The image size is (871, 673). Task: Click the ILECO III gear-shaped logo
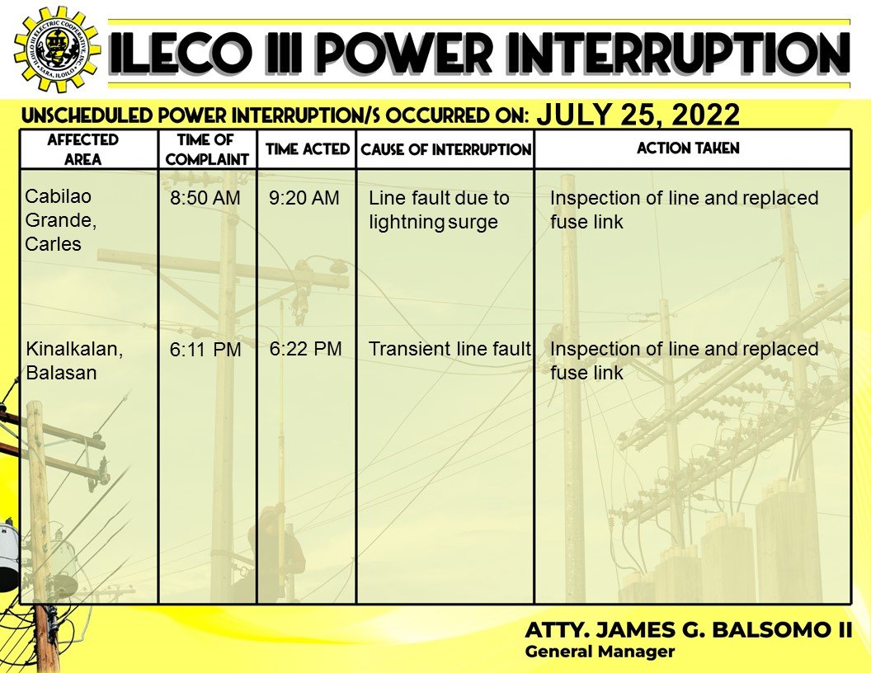57,49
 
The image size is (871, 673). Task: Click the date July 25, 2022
638,115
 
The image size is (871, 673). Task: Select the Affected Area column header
82,149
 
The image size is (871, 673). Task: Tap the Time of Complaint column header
207,149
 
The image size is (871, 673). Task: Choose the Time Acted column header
307,148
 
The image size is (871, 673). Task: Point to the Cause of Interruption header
446,149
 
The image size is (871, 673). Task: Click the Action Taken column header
688,148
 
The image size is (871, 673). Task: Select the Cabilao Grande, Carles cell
60,220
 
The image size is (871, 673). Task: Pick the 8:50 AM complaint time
205,198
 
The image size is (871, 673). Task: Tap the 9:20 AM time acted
304,198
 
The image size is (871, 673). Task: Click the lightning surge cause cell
439,209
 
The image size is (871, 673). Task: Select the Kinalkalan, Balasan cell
74,360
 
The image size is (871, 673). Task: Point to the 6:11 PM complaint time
205,350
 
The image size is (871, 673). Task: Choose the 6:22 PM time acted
305,349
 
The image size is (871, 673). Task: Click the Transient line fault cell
450,349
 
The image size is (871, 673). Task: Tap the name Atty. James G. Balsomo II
688,630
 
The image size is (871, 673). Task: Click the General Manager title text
600,652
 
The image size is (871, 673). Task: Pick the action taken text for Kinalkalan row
684,360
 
